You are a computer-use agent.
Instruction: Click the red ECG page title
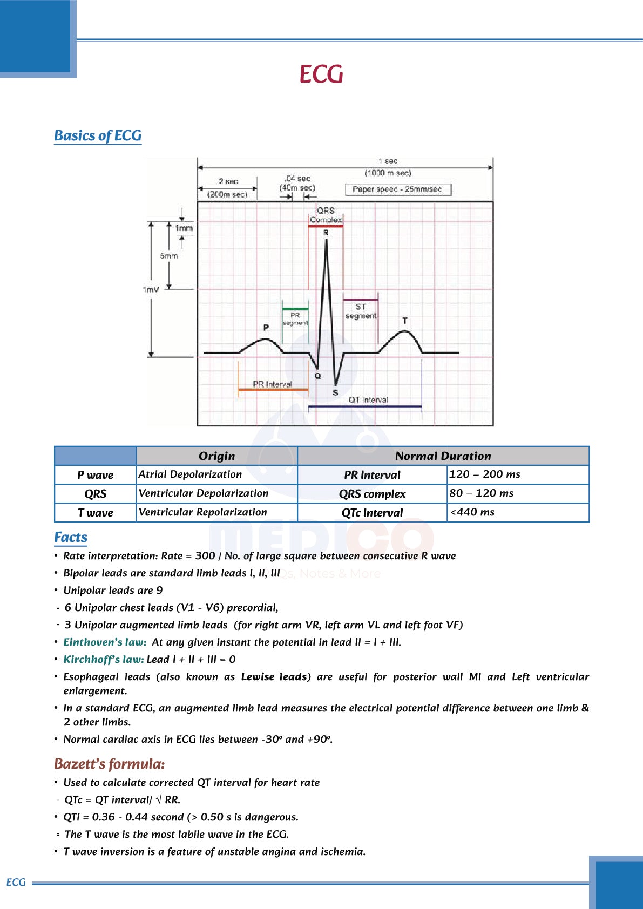[321, 74]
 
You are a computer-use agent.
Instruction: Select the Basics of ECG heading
[98, 135]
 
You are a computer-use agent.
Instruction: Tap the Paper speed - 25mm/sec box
[397, 189]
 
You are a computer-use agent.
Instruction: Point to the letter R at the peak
[326, 233]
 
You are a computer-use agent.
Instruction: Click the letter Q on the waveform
[317, 376]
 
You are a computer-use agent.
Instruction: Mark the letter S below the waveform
[335, 392]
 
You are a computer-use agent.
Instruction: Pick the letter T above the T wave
[405, 321]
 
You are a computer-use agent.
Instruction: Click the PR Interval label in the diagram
[273, 384]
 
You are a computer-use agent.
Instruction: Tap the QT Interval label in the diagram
[368, 400]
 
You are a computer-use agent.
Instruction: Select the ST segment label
[361, 311]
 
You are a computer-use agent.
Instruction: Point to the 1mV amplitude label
[151, 289]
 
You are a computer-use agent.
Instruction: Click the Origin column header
[216, 456]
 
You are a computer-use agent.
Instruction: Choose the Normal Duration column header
[443, 456]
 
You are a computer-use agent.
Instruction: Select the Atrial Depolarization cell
[190, 474]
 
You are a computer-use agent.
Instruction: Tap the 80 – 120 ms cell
[482, 493]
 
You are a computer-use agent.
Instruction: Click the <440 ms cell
[472, 512]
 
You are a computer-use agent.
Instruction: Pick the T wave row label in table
[96, 513]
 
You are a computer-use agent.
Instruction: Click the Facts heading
[71, 538]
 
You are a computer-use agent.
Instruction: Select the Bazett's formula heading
[109, 764]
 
